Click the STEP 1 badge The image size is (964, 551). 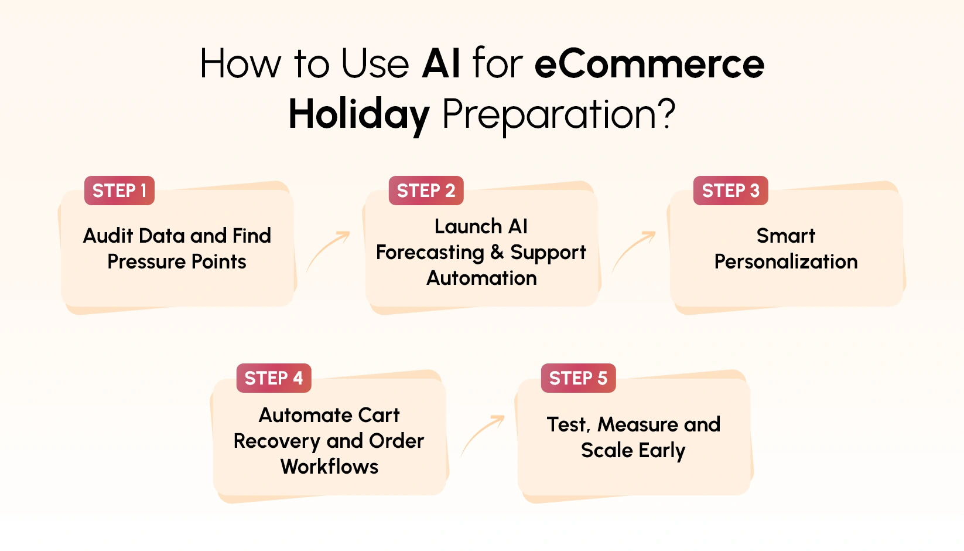pyautogui.click(x=119, y=191)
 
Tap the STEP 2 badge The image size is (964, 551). pyautogui.click(x=426, y=191)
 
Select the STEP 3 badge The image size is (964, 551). pyautogui.click(x=730, y=191)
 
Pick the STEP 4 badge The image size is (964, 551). pyautogui.click(x=274, y=378)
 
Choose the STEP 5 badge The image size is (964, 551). pyautogui.click(x=578, y=378)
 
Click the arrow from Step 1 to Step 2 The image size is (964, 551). pyautogui.click(x=328, y=251)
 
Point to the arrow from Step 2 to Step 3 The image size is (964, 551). pyautogui.click(x=634, y=251)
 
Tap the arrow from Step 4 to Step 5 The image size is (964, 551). pyautogui.click(x=482, y=435)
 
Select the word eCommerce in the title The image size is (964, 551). pyautogui.click(x=649, y=63)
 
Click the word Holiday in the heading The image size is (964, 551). pyautogui.click(x=359, y=114)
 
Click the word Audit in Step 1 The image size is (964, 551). pyautogui.click(x=109, y=236)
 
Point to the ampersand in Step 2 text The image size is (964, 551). pyautogui.click(x=497, y=252)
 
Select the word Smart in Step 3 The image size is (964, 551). pyautogui.click(x=785, y=236)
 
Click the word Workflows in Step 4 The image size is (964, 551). pyautogui.click(x=329, y=467)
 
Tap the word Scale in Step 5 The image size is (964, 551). pyautogui.click(x=607, y=450)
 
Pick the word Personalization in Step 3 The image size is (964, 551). pyautogui.click(x=785, y=261)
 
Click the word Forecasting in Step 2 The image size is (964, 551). pyautogui.click(x=430, y=253)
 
